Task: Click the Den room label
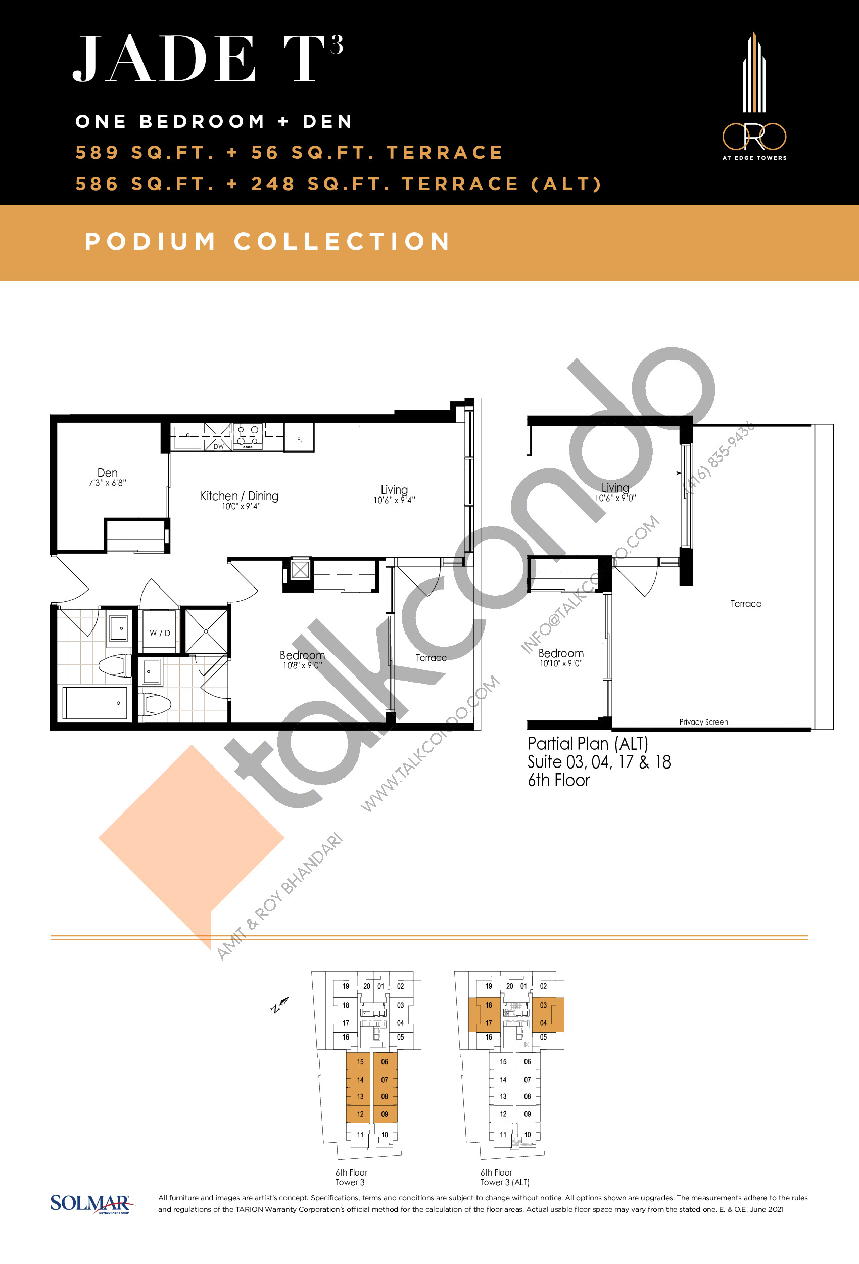point(108,473)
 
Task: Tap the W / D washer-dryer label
point(160,633)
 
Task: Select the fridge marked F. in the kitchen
point(299,437)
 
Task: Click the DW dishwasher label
point(219,446)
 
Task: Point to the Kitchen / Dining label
point(239,495)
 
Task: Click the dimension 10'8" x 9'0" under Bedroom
point(302,665)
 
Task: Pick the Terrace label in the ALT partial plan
point(746,603)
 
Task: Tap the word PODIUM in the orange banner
point(151,242)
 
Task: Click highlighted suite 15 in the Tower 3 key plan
point(359,1061)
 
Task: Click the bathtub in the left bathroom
point(94,703)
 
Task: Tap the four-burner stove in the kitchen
point(248,436)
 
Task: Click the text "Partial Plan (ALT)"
point(588,744)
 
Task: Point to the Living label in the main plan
point(394,489)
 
